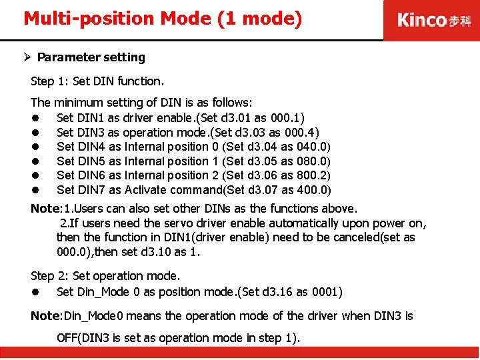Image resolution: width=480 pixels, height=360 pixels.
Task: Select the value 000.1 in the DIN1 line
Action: [x=288, y=118]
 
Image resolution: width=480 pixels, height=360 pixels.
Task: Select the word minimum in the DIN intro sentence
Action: [x=77, y=103]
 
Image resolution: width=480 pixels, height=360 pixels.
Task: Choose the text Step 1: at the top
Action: [x=50, y=81]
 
